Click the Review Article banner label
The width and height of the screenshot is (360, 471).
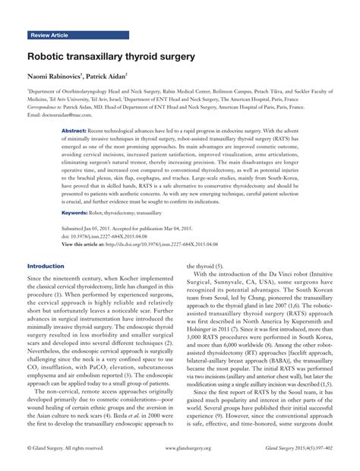(50, 36)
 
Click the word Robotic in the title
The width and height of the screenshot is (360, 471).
(49, 57)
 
